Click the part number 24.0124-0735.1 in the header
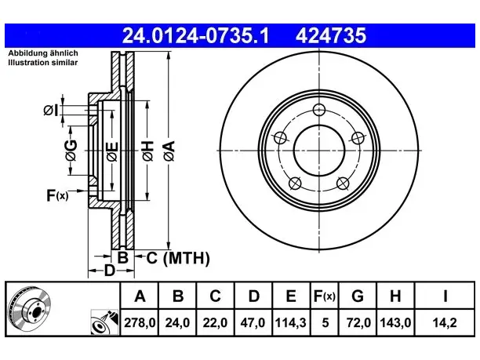point(195,35)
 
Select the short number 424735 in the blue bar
point(331,35)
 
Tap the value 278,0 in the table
point(140,322)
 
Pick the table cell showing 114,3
point(291,322)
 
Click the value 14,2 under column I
point(445,322)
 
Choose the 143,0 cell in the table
point(395,322)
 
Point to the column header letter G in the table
point(358,296)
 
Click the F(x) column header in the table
point(325,296)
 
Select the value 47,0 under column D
point(253,322)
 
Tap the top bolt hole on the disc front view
point(319,110)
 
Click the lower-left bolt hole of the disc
point(295,184)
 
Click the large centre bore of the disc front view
point(319,151)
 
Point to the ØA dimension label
point(169,151)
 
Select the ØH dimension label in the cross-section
point(147,151)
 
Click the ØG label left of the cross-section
point(71,151)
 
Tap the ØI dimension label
point(50,111)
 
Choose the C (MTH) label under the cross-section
point(178,258)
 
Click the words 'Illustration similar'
point(43,63)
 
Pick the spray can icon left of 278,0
point(104,322)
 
